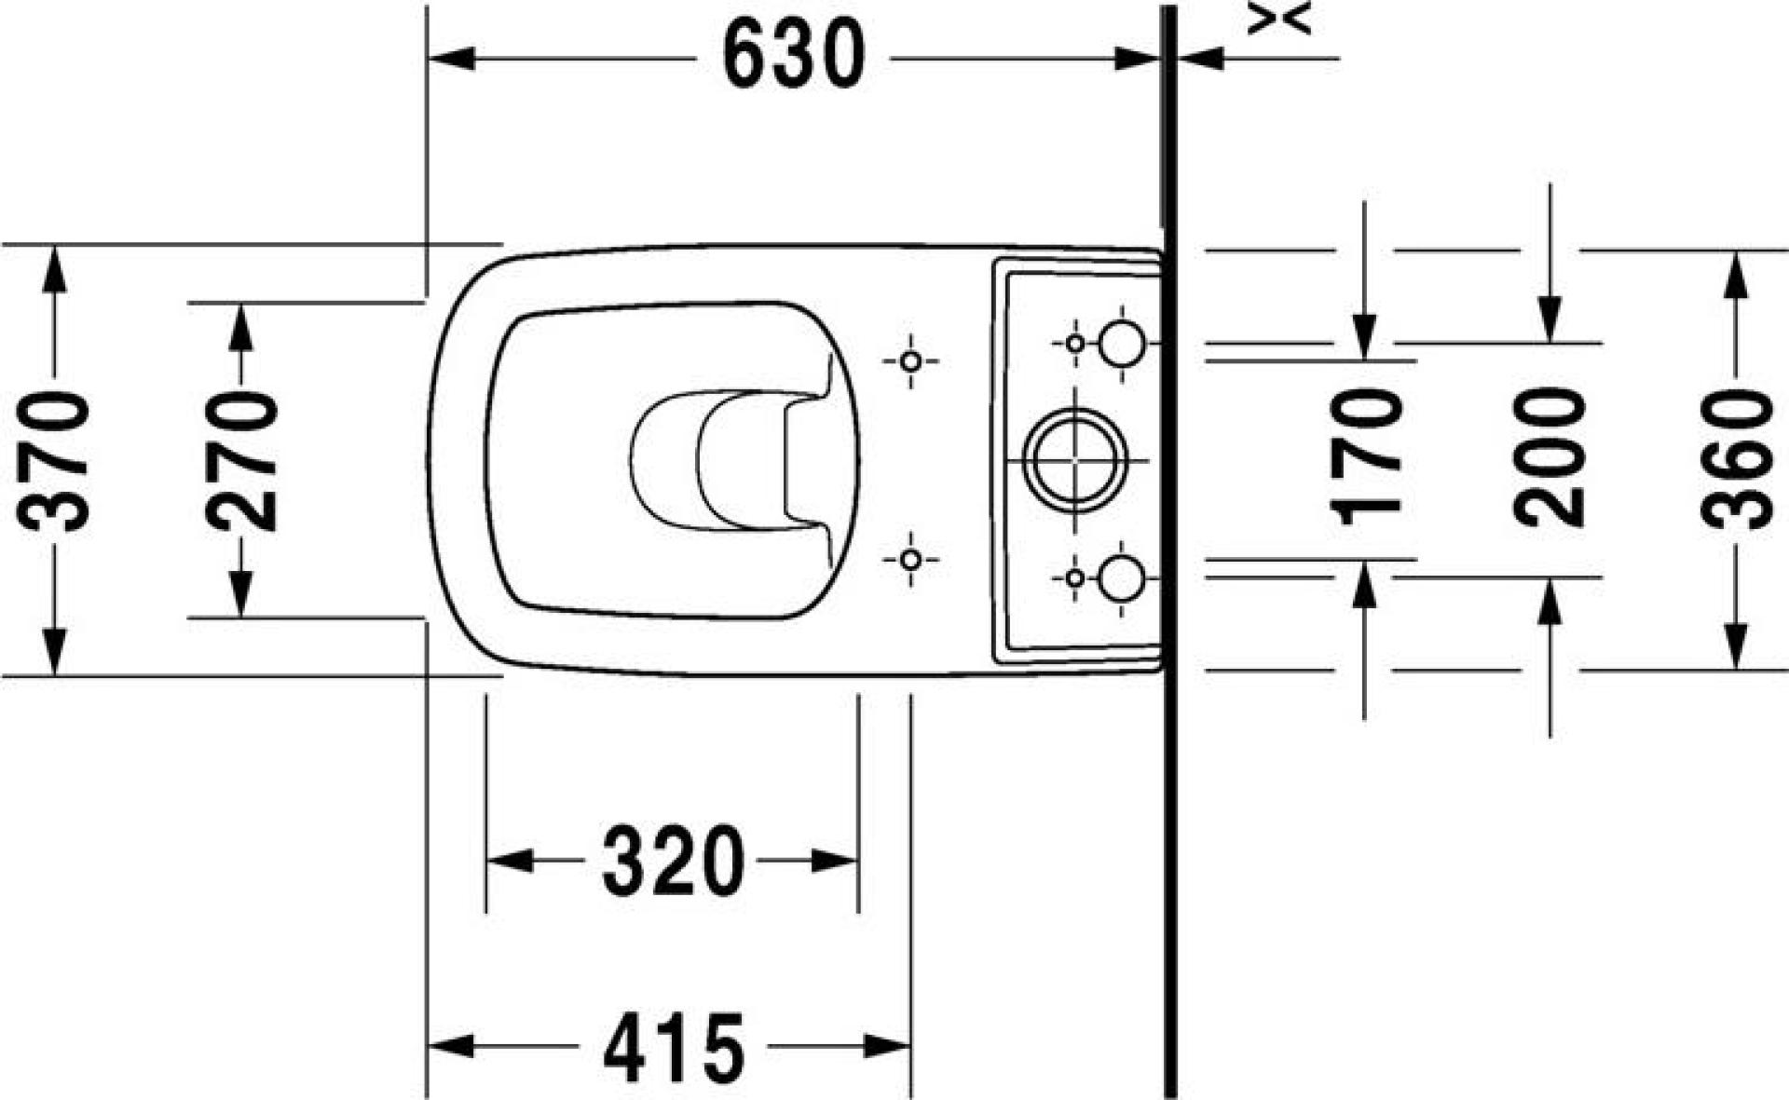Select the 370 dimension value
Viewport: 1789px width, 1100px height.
pyautogui.click(x=54, y=462)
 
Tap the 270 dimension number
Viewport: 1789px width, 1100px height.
pyautogui.click(x=241, y=461)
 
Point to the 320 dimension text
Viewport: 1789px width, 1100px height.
pyautogui.click(x=674, y=861)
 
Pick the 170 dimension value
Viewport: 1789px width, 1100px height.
pyautogui.click(x=1366, y=457)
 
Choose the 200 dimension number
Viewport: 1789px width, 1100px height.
pyautogui.click(x=1550, y=458)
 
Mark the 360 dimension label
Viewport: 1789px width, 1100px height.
pyautogui.click(x=1736, y=460)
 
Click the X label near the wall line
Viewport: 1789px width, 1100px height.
pyautogui.click(x=1279, y=18)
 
